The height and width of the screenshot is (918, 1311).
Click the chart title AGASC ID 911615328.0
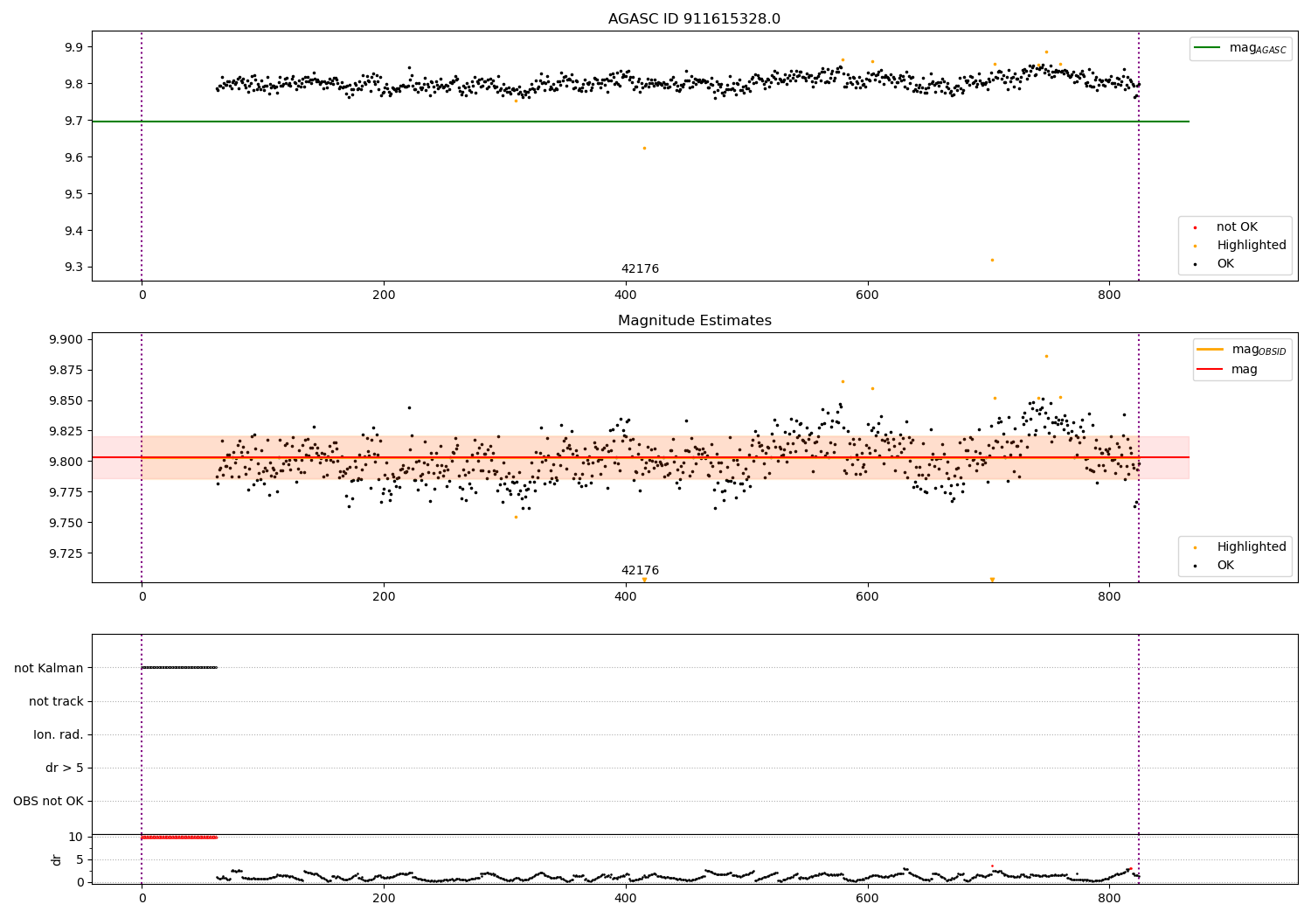(x=694, y=19)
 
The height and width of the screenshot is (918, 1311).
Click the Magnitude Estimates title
(x=694, y=321)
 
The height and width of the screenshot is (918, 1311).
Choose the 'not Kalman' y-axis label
(x=49, y=668)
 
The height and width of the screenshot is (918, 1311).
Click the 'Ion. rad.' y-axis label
(x=59, y=734)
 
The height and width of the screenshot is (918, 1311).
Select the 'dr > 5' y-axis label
(x=64, y=768)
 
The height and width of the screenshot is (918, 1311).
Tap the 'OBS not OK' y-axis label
(x=48, y=801)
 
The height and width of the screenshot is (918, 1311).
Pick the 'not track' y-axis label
(x=56, y=701)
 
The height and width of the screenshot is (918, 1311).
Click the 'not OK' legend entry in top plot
(x=1237, y=227)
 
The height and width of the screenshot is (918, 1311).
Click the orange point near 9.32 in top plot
(x=992, y=260)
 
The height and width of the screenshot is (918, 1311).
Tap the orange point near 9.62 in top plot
(x=644, y=148)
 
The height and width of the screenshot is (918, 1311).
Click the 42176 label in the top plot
(x=640, y=269)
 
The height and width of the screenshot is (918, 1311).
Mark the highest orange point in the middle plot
(x=1046, y=356)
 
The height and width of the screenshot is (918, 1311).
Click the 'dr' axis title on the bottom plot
(x=57, y=859)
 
